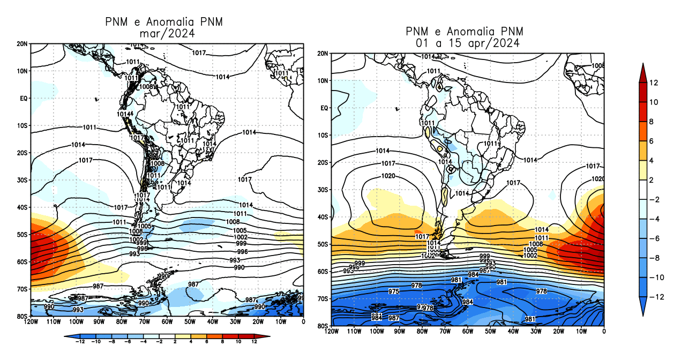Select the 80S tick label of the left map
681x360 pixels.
[22, 316]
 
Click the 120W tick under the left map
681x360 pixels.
[31, 322]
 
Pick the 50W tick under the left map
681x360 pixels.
[190, 322]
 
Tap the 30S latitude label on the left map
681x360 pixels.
[22, 180]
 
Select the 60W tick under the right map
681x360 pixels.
[468, 332]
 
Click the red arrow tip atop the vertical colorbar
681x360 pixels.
[645, 66]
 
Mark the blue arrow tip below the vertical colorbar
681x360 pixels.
[645, 312]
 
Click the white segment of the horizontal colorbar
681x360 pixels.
[166, 336]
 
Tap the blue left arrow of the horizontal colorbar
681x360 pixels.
[66, 336]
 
